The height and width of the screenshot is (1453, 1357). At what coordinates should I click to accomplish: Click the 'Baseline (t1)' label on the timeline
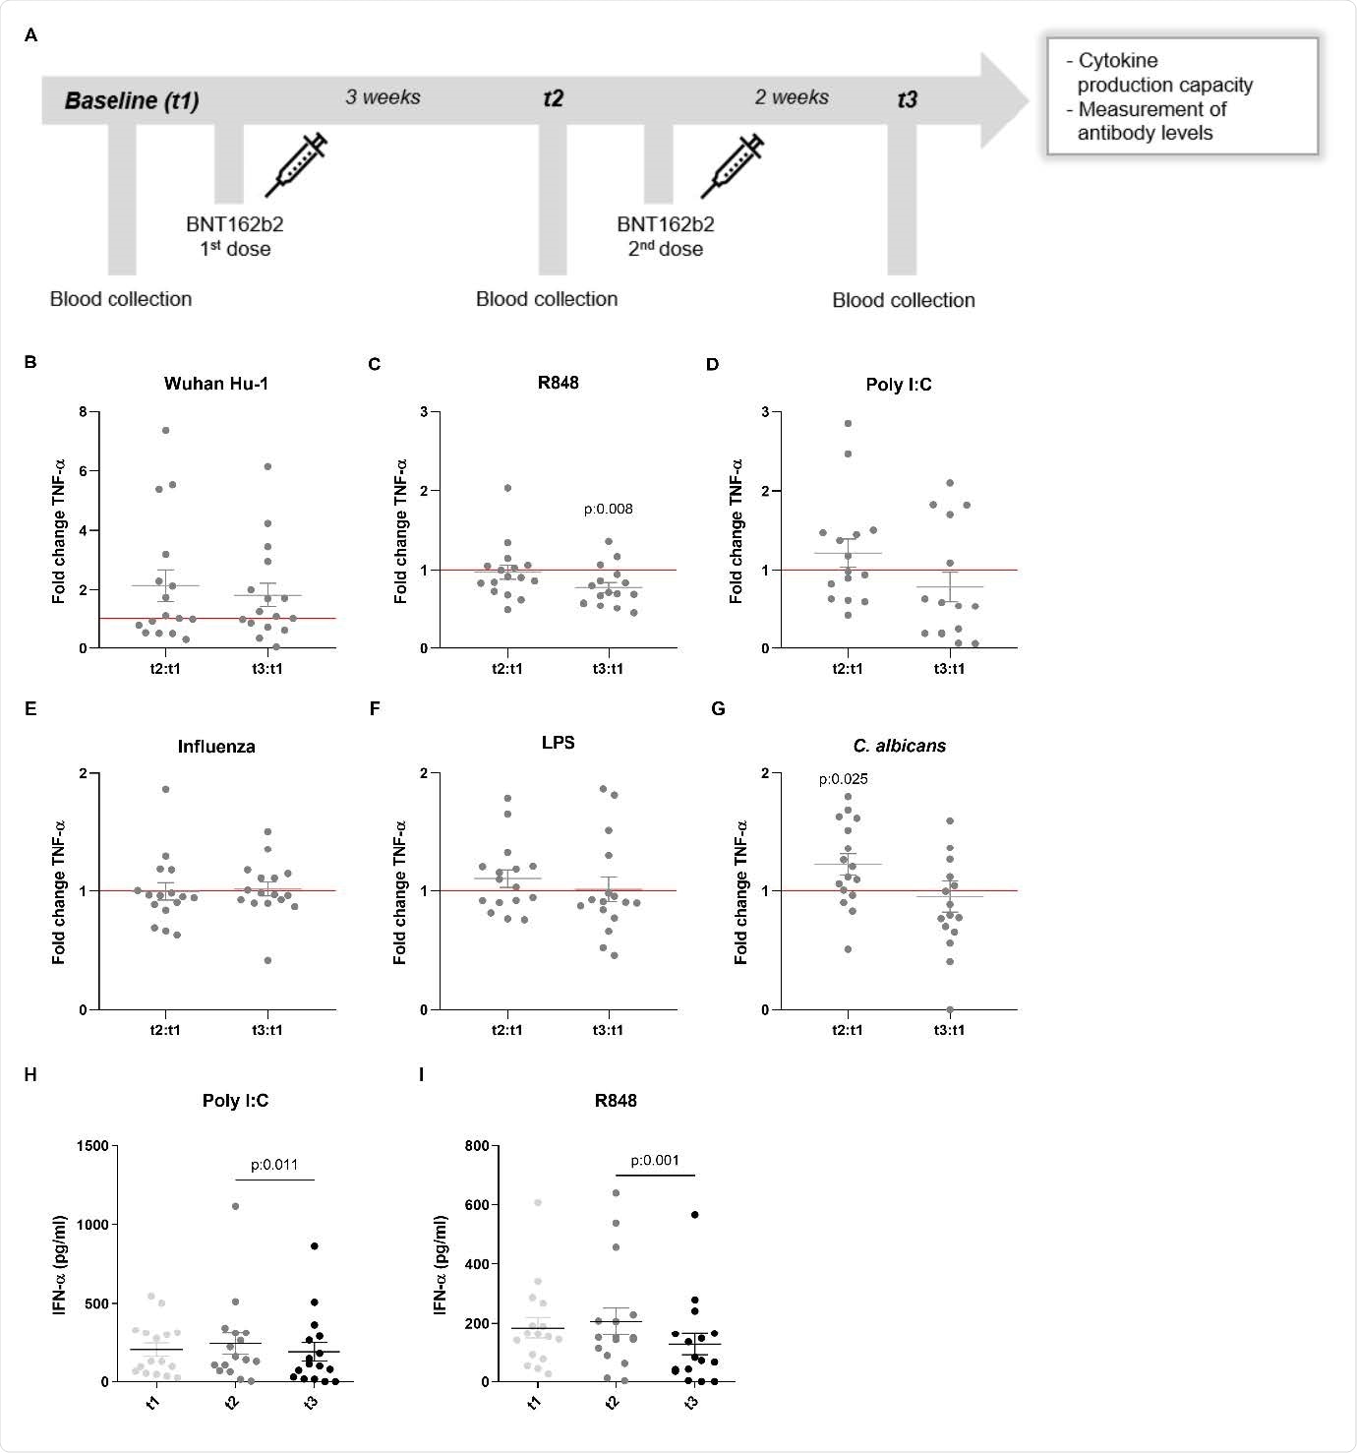pyautogui.click(x=132, y=100)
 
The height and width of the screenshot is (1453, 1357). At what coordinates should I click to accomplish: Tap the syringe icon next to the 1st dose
pyautogui.click(x=295, y=165)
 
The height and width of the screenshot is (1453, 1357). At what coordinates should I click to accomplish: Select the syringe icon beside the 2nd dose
pyautogui.click(x=732, y=165)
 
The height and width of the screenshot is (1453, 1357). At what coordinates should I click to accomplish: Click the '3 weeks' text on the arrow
pyautogui.click(x=383, y=97)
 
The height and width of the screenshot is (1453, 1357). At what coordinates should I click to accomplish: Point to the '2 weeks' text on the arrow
pyautogui.click(x=792, y=97)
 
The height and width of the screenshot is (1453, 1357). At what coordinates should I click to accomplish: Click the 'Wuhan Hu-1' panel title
pyautogui.click(x=215, y=384)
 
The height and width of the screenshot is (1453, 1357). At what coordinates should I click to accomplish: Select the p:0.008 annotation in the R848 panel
pyautogui.click(x=608, y=509)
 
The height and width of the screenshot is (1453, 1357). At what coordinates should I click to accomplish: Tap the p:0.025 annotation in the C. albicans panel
pyautogui.click(x=843, y=779)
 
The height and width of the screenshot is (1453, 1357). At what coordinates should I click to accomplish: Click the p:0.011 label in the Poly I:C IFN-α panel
pyautogui.click(x=274, y=1165)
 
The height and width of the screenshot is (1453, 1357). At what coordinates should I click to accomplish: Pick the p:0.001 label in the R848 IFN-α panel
pyautogui.click(x=655, y=1160)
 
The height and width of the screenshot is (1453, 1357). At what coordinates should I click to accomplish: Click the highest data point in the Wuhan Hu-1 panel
pyautogui.click(x=166, y=430)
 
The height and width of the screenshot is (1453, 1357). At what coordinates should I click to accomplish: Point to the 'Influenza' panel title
pyautogui.click(x=216, y=747)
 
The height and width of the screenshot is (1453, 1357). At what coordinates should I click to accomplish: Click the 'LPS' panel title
pyautogui.click(x=558, y=743)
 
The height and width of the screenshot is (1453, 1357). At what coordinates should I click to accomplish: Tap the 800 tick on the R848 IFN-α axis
pyautogui.click(x=476, y=1146)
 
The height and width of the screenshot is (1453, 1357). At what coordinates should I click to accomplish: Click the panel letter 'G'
pyautogui.click(x=718, y=709)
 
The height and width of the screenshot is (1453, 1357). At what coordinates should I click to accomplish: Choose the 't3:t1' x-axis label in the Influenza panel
pyautogui.click(x=266, y=1030)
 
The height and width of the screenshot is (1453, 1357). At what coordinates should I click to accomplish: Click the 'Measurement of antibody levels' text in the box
pyautogui.click(x=1150, y=121)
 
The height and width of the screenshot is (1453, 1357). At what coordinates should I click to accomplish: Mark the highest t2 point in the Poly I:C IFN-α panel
pyautogui.click(x=235, y=1206)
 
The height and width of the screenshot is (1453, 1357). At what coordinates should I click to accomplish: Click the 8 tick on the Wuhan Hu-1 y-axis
pyautogui.click(x=84, y=411)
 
